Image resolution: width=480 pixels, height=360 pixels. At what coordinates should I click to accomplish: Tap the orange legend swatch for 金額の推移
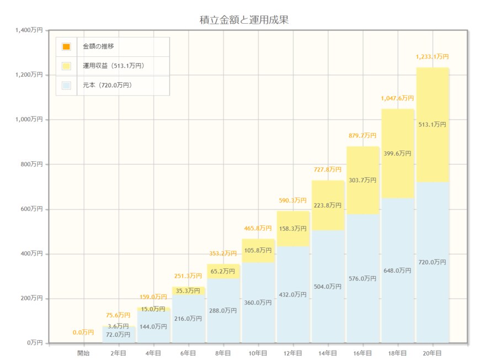(66, 47)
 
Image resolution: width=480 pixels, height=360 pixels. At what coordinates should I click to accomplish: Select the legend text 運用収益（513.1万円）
(113, 66)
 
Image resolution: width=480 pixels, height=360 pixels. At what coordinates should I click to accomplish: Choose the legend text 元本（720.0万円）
(107, 85)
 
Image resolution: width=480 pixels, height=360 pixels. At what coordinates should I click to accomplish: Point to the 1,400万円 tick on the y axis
(29, 30)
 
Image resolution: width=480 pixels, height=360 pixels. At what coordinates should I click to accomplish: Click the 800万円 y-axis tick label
(30, 164)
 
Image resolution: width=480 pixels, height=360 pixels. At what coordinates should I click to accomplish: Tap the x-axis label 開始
(83, 352)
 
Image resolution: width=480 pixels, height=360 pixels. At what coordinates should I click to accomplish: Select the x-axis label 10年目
(258, 352)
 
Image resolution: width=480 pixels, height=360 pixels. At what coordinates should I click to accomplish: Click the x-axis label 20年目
(432, 352)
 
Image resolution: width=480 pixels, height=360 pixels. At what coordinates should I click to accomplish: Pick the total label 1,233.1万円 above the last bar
(432, 56)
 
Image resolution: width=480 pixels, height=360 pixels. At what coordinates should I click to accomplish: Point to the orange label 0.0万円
(83, 332)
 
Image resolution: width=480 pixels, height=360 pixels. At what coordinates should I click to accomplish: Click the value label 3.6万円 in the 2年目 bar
(119, 326)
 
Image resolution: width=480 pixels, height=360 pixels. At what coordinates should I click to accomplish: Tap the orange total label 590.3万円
(293, 200)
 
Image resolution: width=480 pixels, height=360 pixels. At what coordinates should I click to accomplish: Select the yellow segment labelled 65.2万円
(223, 271)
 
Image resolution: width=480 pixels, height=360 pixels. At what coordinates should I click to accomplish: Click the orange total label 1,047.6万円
(397, 98)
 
